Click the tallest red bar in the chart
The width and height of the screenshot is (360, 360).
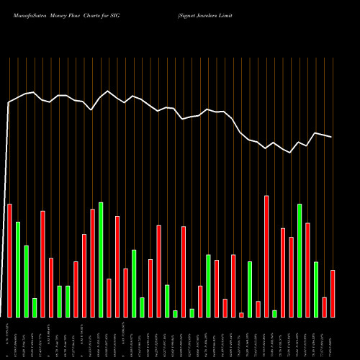(x=266, y=256)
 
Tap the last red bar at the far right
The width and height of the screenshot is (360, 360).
(x=333, y=293)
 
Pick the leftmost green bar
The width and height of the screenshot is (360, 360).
(x=18, y=269)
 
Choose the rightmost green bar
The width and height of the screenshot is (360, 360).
(x=316, y=289)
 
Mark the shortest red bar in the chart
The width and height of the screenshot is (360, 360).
(x=241, y=315)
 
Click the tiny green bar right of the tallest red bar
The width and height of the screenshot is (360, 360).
(x=274, y=313)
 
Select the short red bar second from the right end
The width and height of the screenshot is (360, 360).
(x=325, y=307)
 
